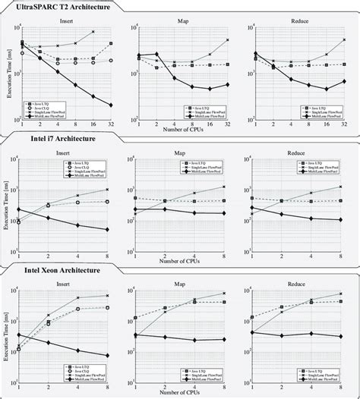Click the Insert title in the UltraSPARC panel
[66, 22]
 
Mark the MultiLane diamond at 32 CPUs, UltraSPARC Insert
[111, 105]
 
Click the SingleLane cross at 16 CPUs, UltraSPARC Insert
[93, 32]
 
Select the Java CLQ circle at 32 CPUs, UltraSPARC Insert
[111, 61]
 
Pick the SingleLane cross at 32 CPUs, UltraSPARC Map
[228, 39]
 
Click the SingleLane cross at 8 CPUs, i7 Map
[224, 187]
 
